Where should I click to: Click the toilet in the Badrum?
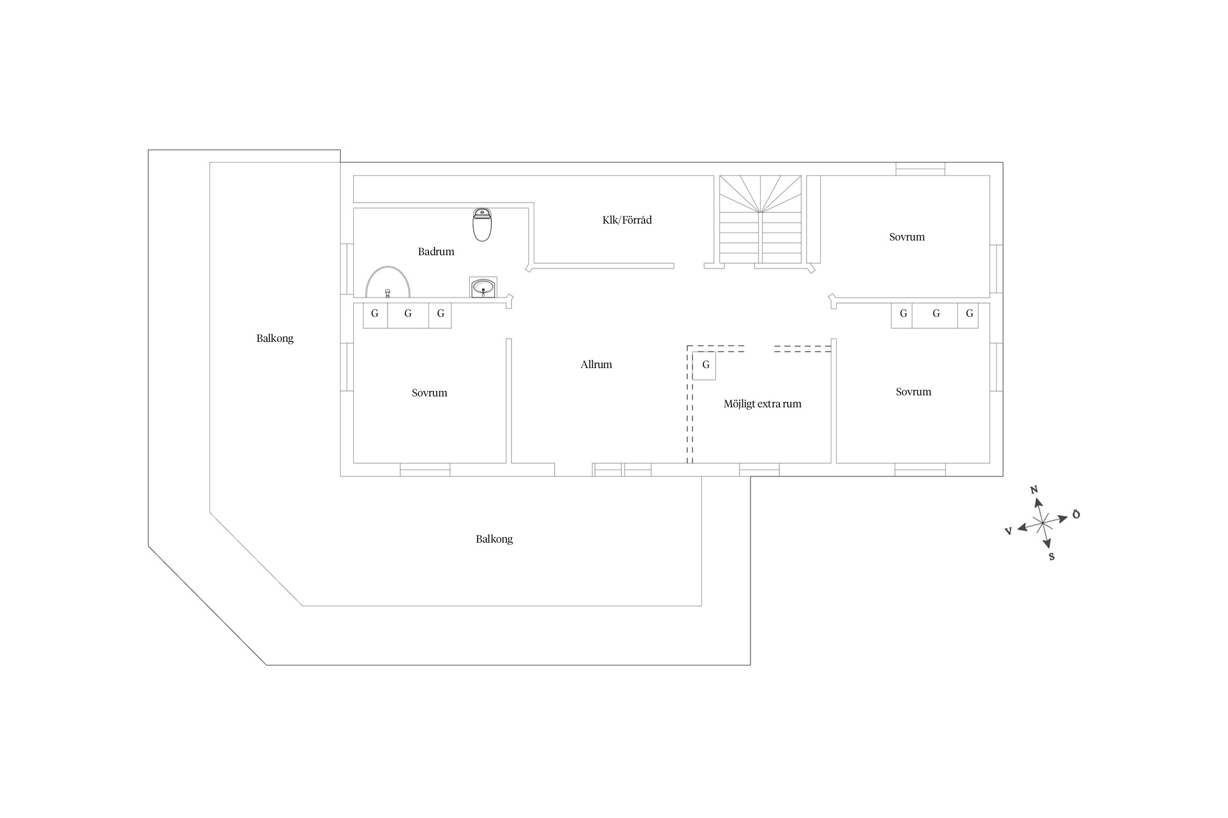pyautogui.click(x=482, y=224)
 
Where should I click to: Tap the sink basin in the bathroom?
pyautogui.click(x=484, y=287)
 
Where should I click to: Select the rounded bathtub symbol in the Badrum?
pyautogui.click(x=388, y=282)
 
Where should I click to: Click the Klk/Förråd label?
pyautogui.click(x=627, y=220)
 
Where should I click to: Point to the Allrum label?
pyautogui.click(x=596, y=365)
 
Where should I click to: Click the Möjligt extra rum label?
pyautogui.click(x=762, y=404)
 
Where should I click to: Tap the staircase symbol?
pyautogui.click(x=760, y=219)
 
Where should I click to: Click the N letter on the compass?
pyautogui.click(x=1034, y=490)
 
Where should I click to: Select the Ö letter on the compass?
pyautogui.click(x=1076, y=514)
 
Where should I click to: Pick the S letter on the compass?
pyautogui.click(x=1052, y=557)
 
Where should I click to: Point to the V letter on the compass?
pyautogui.click(x=1008, y=531)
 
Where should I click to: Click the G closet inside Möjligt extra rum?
pyautogui.click(x=704, y=365)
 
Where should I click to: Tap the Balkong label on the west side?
pyautogui.click(x=275, y=339)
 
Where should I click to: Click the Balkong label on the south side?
pyautogui.click(x=494, y=539)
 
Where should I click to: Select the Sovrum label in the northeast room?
pyautogui.click(x=907, y=237)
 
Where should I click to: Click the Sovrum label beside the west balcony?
pyautogui.click(x=430, y=393)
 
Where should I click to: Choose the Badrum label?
pyautogui.click(x=436, y=252)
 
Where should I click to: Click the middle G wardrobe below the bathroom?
pyautogui.click(x=408, y=315)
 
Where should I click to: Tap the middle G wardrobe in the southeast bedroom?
pyautogui.click(x=935, y=315)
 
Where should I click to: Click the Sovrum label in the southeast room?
pyautogui.click(x=914, y=392)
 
